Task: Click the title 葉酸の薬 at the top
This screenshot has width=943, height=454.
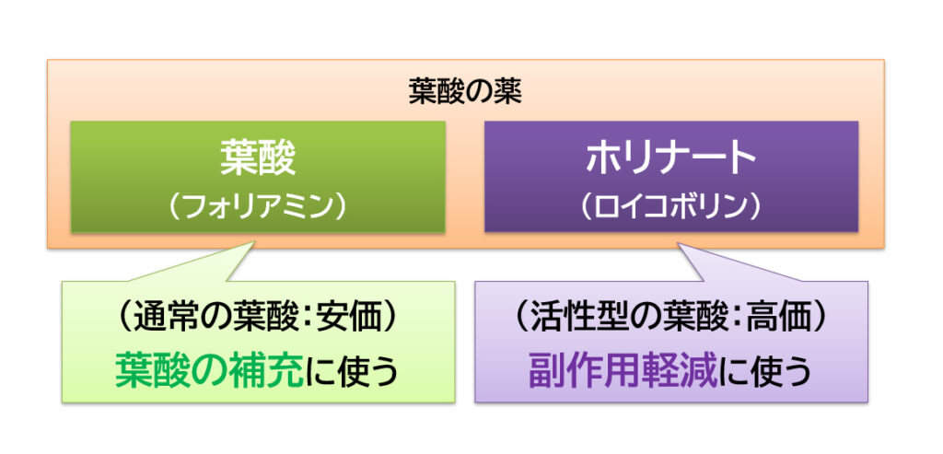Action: [x=465, y=93]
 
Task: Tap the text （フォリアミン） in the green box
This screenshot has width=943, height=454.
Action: [x=258, y=206]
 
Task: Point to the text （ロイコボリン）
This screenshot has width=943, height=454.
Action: [x=670, y=206]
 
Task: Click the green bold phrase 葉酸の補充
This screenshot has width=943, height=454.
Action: [x=209, y=370]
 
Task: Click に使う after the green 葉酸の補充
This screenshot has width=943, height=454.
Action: [x=352, y=371]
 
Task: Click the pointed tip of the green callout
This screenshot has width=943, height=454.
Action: [x=255, y=241]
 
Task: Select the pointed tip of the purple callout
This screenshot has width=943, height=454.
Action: [x=678, y=243]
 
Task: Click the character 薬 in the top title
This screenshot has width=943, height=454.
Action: [x=508, y=93]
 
